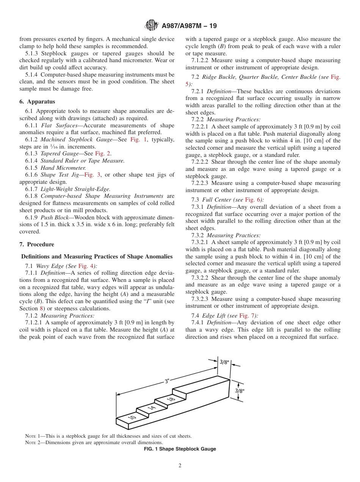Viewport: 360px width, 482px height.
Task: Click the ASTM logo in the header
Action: (x=152, y=26)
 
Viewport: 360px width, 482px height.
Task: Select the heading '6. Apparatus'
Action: (x=37, y=102)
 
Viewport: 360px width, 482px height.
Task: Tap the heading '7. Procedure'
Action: (x=37, y=244)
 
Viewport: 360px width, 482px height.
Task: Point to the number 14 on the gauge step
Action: (x=152, y=407)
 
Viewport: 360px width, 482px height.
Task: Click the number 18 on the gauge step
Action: (x=171, y=398)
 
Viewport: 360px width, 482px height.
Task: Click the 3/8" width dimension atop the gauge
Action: (x=224, y=362)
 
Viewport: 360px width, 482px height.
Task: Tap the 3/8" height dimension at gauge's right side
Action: (x=239, y=390)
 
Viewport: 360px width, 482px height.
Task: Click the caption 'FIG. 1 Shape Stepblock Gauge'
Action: (x=180, y=449)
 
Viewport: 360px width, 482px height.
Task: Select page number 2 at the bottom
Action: (x=180, y=466)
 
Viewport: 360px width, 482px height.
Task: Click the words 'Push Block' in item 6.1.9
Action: (x=56, y=218)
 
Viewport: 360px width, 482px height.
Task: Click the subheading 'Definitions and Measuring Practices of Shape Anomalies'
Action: (x=97, y=257)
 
